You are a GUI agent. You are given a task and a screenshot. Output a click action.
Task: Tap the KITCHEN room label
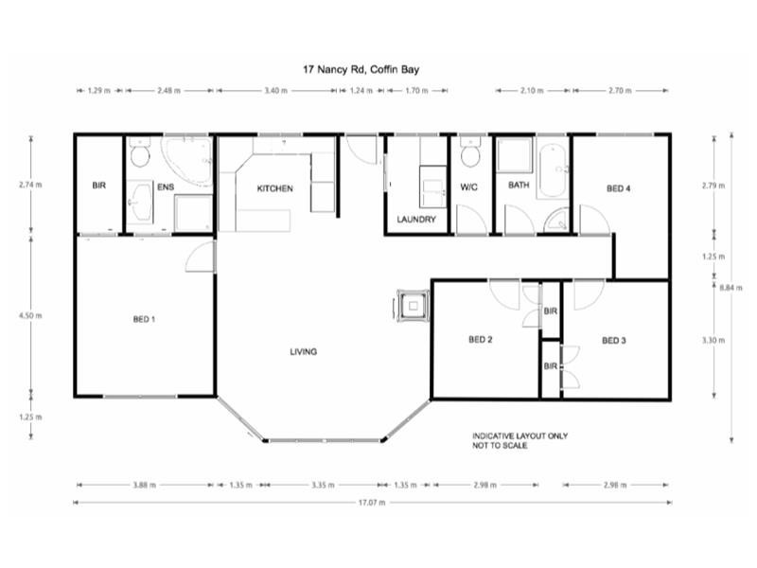tap(275, 188)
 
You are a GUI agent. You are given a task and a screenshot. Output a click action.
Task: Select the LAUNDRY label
tap(417, 219)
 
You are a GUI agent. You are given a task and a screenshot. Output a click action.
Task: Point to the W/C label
tap(470, 186)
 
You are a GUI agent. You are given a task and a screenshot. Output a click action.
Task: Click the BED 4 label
tap(618, 188)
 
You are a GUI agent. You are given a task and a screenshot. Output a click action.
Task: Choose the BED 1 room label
tap(144, 319)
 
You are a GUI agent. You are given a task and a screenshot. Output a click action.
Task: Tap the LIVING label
tap(303, 351)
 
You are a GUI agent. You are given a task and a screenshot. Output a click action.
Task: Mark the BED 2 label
tap(481, 340)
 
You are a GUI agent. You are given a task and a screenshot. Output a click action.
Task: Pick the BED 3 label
tap(614, 340)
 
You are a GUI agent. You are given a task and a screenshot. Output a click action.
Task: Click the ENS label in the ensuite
tap(166, 186)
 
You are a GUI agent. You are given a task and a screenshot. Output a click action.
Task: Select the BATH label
tap(519, 186)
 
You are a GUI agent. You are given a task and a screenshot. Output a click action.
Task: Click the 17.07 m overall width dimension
tap(371, 503)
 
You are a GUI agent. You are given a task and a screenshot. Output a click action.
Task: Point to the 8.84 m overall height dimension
tap(730, 287)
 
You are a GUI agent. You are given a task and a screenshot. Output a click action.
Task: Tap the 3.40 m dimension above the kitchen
tap(276, 91)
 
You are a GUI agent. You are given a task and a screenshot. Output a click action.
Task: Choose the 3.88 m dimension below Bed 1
tap(144, 485)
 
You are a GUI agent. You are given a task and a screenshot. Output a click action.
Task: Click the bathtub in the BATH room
tap(553, 170)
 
